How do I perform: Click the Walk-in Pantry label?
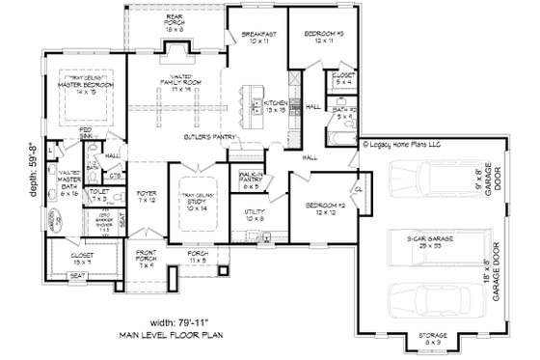[252, 176]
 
